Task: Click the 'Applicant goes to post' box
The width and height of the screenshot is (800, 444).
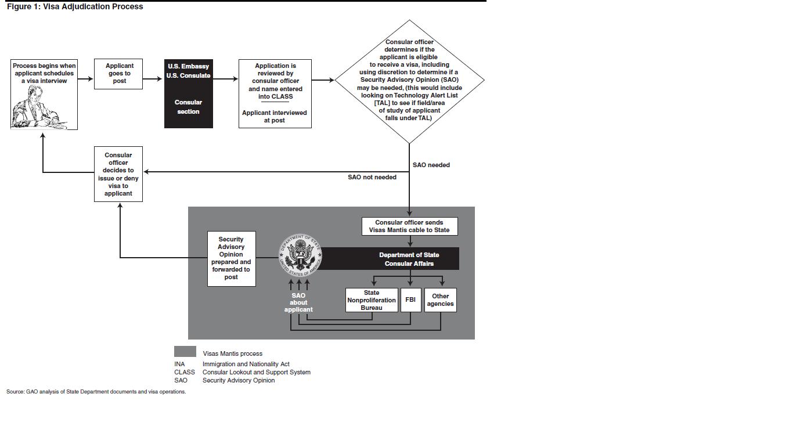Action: pos(118,74)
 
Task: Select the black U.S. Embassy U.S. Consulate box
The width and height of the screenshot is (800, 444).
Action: pos(188,93)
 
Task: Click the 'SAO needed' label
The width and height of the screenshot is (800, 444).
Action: pos(431,165)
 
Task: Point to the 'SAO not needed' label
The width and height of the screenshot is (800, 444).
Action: pos(372,177)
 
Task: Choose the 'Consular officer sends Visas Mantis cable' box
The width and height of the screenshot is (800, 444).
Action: pos(409,226)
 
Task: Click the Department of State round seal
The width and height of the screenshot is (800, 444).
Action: pos(300,255)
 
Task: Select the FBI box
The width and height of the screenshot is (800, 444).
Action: pos(410,300)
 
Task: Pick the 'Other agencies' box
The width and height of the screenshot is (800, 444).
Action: pos(440,300)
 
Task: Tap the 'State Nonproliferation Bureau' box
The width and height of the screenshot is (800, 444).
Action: pos(372,300)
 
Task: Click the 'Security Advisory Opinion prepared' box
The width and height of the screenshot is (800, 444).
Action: pos(231,258)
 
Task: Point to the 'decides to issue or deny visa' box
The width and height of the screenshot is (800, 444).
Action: pos(118,174)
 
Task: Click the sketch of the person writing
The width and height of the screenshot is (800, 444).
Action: pos(41,107)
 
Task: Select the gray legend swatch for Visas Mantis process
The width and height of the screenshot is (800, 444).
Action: pos(185,352)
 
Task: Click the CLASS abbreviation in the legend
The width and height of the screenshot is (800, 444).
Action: pos(184,372)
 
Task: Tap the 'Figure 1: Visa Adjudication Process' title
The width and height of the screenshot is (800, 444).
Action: pos(75,7)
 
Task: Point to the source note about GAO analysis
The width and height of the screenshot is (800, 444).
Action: pos(96,392)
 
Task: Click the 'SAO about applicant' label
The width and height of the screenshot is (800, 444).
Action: pos(298,302)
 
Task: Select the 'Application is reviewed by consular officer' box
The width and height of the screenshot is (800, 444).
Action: pos(275,93)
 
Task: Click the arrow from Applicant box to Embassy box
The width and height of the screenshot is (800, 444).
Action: pos(153,78)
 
